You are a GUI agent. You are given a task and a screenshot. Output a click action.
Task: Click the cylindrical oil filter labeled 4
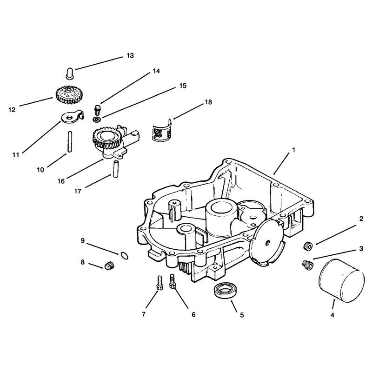click(x=341, y=281)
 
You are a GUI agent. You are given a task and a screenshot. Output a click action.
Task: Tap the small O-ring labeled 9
click(x=124, y=256)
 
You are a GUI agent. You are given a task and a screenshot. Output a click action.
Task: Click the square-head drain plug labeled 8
click(x=109, y=265)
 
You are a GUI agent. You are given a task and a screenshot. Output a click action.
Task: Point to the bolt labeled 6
click(x=172, y=281)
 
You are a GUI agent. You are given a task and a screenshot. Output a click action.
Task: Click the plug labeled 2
click(x=308, y=246)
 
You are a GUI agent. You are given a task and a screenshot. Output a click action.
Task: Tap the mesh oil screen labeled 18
click(x=162, y=131)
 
